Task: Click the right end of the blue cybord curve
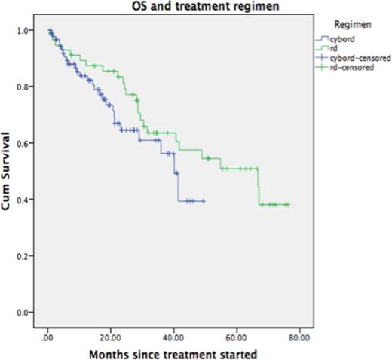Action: pyautogui.click(x=204, y=201)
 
